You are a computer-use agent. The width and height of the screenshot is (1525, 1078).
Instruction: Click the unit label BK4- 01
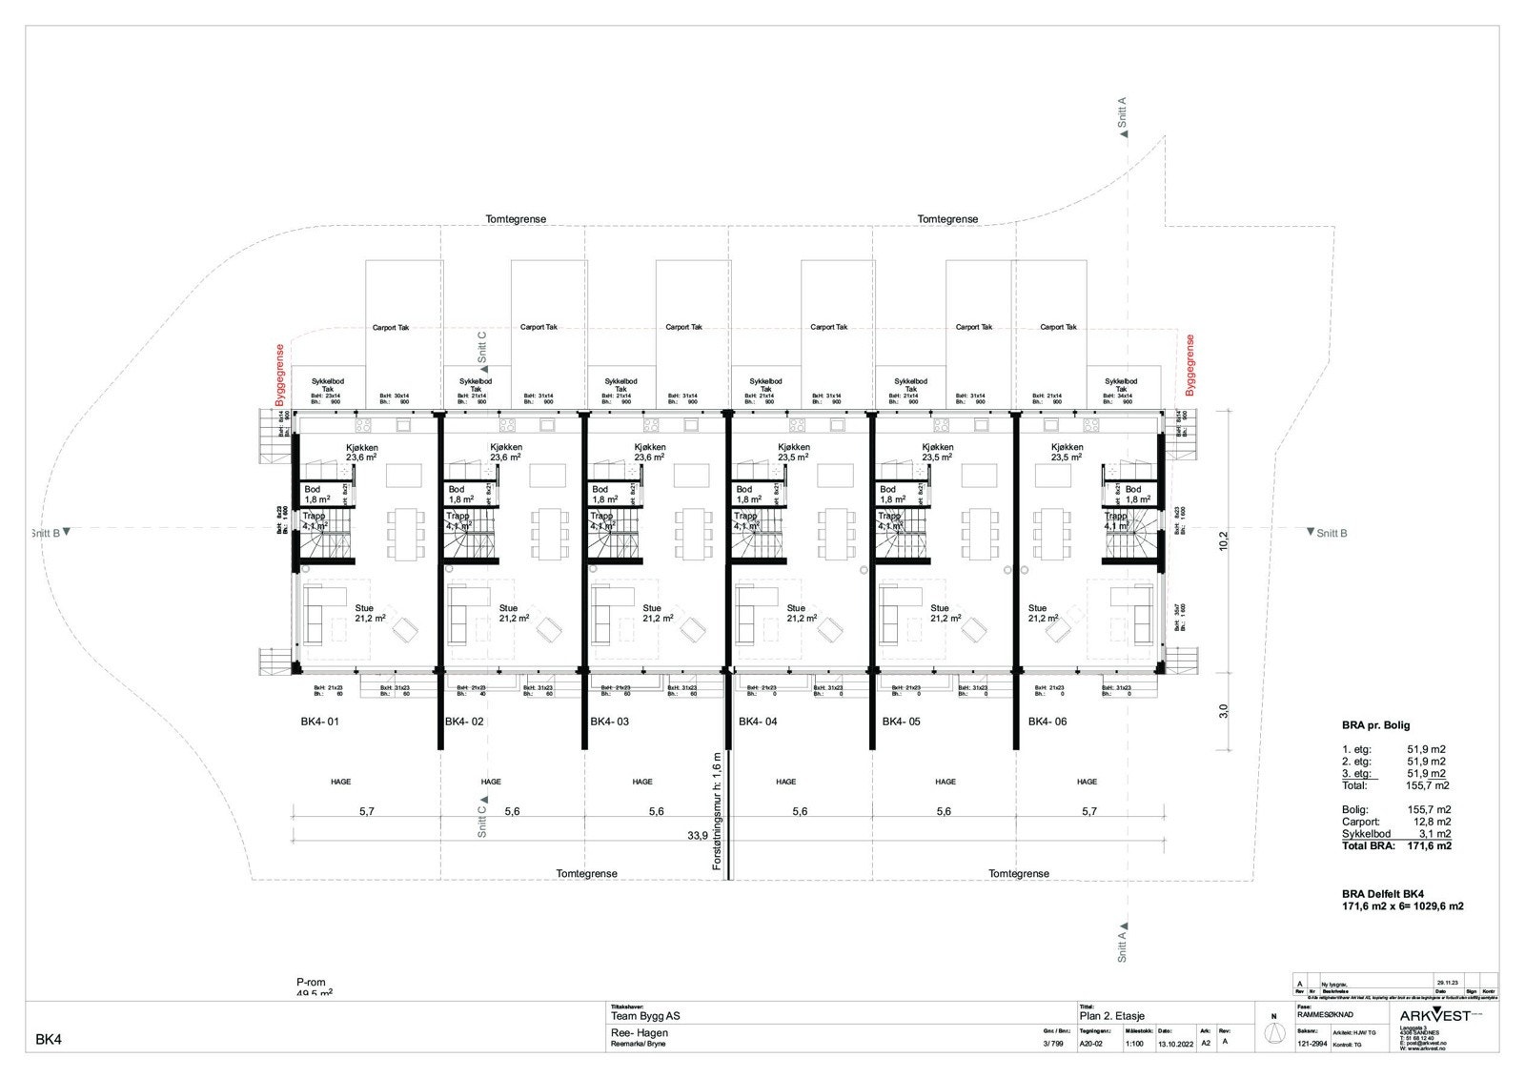tap(319, 722)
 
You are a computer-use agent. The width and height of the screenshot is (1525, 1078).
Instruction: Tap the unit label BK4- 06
tap(1047, 722)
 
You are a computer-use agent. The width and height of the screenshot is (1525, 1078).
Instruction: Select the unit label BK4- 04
tap(758, 722)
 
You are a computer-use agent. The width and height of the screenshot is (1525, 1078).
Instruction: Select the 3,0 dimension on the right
tap(1224, 711)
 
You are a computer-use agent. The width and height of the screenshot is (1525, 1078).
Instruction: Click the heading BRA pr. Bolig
tap(1375, 725)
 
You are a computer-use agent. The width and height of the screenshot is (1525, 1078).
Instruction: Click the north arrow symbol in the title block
tap(1271, 1034)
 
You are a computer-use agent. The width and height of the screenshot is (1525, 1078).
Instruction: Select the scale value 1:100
tap(1134, 1043)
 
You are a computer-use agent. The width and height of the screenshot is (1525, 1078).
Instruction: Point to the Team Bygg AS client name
tap(645, 1016)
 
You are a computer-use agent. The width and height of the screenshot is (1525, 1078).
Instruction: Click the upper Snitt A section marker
tap(1123, 114)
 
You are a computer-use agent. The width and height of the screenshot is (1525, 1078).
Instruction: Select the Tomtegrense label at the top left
tap(516, 219)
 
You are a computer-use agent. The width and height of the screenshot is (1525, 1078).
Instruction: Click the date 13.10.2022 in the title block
tap(1174, 1043)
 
